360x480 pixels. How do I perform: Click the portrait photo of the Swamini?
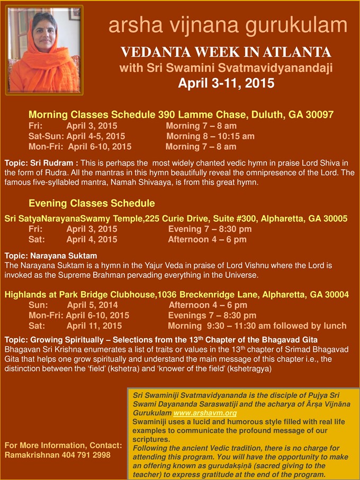coord(44,50)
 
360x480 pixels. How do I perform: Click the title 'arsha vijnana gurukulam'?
coord(228,25)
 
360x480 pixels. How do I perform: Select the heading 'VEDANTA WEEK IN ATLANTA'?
coord(226,52)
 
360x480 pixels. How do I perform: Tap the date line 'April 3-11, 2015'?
coord(226,83)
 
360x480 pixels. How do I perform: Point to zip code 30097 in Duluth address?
coord(320,114)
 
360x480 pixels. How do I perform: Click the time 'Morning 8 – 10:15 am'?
coord(210,136)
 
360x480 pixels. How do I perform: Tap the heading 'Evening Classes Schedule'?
coord(92,203)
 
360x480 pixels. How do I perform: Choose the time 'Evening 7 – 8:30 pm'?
coord(210,229)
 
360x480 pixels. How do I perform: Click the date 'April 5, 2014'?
coord(93,305)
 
